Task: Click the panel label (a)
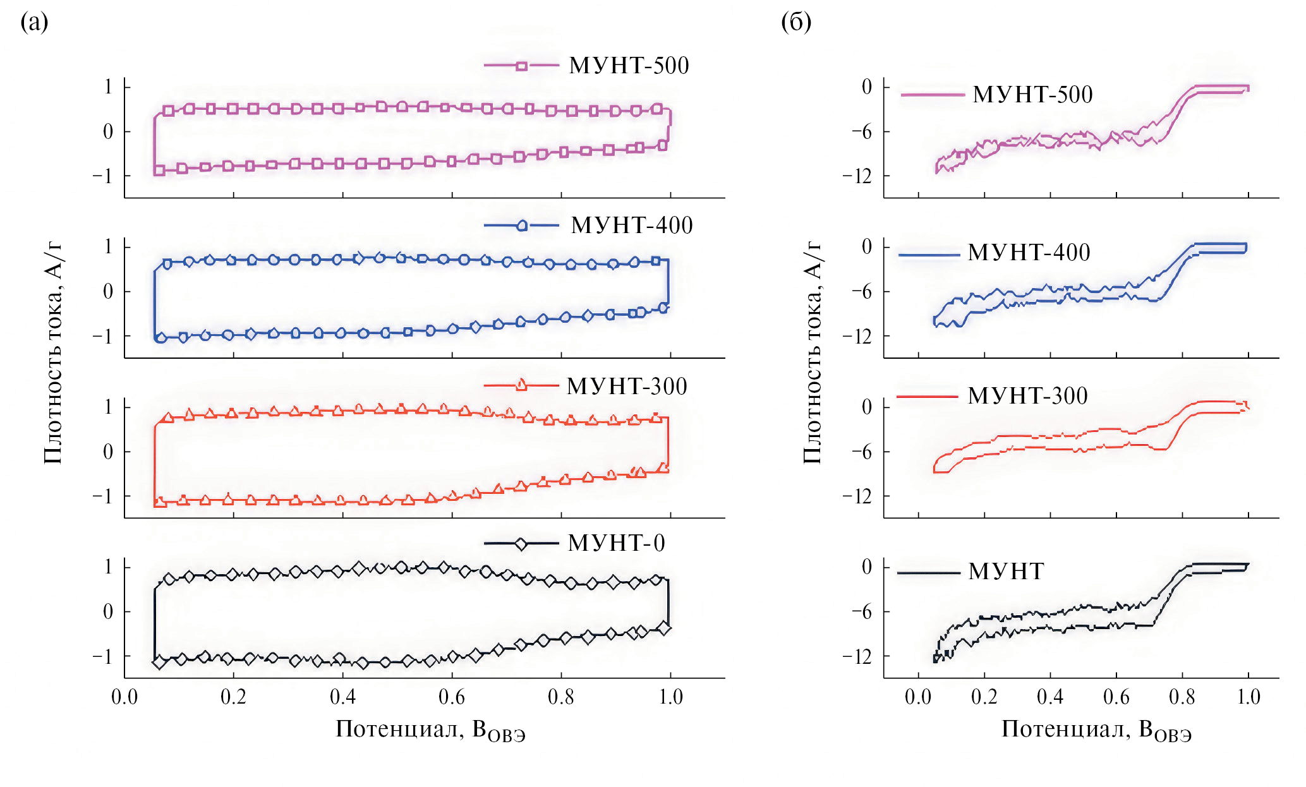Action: click(34, 23)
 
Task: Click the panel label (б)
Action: click(795, 23)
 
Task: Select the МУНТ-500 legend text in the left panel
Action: click(629, 66)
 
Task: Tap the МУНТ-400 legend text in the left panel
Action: click(631, 225)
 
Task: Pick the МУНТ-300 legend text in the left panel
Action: click(627, 386)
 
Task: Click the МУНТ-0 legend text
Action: click(616, 543)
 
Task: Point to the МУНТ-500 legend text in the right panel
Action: click(1032, 95)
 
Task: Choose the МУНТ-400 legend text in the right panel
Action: click(1029, 253)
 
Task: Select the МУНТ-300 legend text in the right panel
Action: click(1027, 396)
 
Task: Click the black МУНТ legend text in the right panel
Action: click(1006, 572)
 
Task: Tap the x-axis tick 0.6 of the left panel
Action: click(452, 697)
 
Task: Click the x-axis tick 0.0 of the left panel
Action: click(124, 697)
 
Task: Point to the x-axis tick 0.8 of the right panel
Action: click(1182, 697)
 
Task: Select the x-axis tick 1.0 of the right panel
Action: click(1249, 697)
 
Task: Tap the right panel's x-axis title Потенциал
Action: click(1096, 730)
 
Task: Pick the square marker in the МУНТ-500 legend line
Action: click(521, 66)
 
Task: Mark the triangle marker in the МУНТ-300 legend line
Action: click(521, 385)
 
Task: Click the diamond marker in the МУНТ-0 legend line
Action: click(521, 543)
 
